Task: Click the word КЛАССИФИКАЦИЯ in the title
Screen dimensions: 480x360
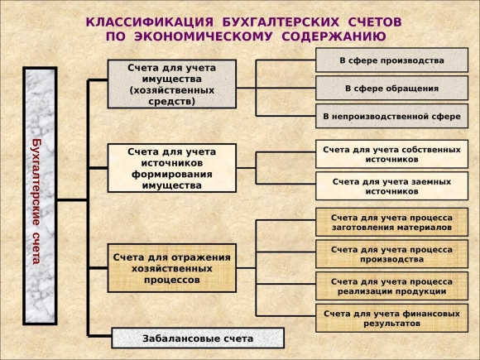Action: coord(150,22)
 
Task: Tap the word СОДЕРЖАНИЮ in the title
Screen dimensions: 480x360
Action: coord(334,36)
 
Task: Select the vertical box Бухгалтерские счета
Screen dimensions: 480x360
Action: coord(40,196)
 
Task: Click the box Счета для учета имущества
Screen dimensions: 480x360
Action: coord(172,84)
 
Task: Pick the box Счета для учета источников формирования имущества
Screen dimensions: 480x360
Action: coord(172,168)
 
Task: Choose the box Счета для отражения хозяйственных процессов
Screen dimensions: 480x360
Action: coord(172,268)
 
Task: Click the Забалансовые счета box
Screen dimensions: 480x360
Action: coord(198,338)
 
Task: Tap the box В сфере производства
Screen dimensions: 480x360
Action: coord(391,60)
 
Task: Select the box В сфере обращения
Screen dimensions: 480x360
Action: coord(391,89)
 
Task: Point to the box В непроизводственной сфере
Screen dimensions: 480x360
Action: coord(391,116)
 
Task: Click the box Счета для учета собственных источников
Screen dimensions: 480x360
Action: coord(391,154)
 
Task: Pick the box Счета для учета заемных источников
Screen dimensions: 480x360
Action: coord(391,186)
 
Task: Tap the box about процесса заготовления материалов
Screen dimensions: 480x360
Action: coord(391,223)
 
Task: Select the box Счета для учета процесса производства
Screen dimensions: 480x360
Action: coord(391,254)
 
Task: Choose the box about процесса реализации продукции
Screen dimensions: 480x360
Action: coord(391,286)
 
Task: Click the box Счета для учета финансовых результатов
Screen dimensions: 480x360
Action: coord(391,319)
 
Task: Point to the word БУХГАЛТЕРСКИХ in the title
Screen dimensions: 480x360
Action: coord(281,22)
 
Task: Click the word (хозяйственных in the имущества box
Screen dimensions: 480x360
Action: coord(172,90)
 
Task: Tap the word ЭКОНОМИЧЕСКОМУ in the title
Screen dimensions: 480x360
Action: coord(204,36)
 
